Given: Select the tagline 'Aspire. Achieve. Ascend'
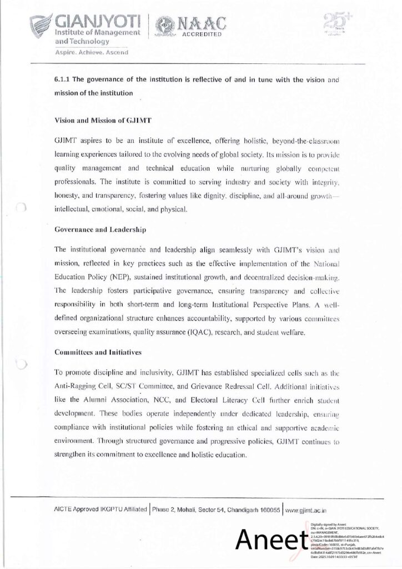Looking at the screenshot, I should [x=91, y=53].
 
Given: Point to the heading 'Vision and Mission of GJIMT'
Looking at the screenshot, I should [x=104, y=119].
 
